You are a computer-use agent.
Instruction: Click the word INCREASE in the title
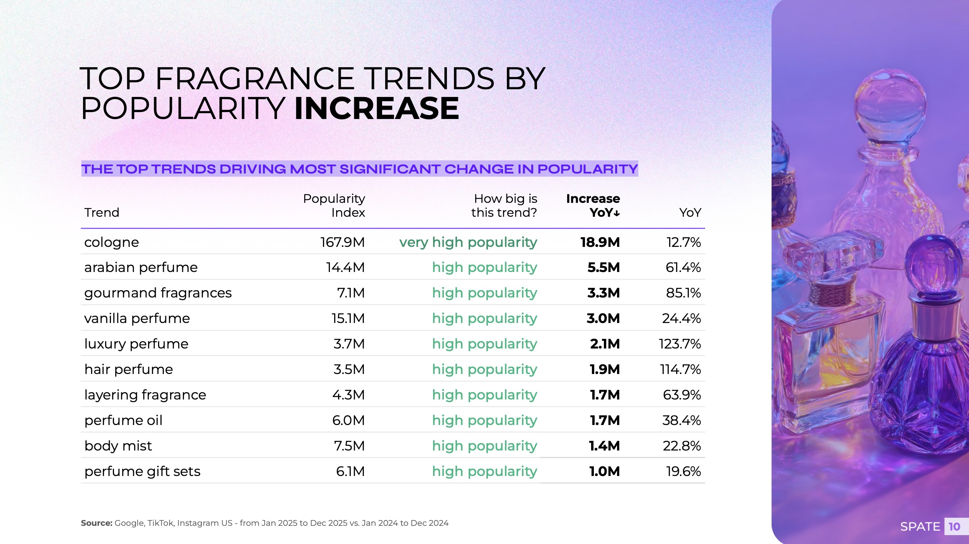(x=377, y=109)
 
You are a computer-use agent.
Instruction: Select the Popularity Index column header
(x=334, y=205)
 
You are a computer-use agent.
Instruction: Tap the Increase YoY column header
(x=593, y=205)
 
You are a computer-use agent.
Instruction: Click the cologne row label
(x=112, y=242)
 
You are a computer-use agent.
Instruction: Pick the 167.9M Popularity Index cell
(x=343, y=242)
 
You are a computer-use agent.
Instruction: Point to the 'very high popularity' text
(x=468, y=242)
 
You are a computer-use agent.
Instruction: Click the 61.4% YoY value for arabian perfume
(x=683, y=267)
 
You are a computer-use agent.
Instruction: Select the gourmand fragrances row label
(x=158, y=293)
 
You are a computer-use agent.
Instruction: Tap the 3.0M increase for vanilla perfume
(x=603, y=318)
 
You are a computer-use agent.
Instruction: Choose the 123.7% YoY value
(x=680, y=344)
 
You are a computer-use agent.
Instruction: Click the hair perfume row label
(x=129, y=369)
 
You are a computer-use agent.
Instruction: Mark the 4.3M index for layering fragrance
(x=348, y=395)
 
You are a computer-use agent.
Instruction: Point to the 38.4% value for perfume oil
(x=682, y=420)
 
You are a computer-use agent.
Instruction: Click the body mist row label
(x=118, y=446)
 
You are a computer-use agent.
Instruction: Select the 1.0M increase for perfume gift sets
(x=604, y=471)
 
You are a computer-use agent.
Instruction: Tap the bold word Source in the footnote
(x=96, y=523)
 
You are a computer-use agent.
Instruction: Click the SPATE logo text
(x=920, y=527)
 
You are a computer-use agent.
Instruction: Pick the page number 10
(x=954, y=527)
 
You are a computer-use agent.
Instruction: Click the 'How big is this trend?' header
(x=504, y=205)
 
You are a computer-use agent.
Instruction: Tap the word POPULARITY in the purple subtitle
(x=587, y=169)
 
